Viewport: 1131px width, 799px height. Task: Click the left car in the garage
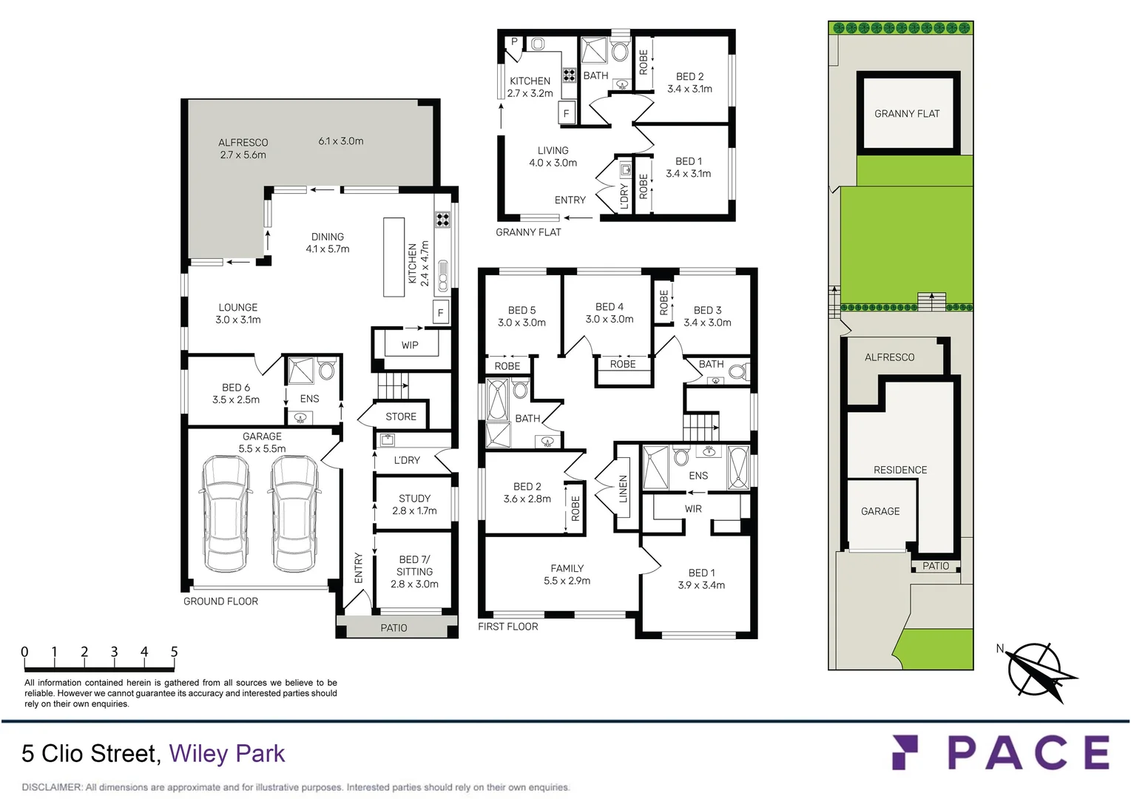226,513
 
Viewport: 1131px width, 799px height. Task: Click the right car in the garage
294,513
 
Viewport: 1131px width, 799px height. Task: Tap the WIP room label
410,345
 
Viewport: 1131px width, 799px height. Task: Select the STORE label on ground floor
401,417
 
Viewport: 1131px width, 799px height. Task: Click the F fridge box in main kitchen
441,313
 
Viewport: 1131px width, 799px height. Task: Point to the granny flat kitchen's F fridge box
567,114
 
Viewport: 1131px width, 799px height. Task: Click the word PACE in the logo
1028,753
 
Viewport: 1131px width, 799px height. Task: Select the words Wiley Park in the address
226,754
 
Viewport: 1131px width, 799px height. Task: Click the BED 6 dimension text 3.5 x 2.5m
236,400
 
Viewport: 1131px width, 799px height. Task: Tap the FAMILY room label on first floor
567,569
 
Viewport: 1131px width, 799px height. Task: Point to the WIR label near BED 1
693,509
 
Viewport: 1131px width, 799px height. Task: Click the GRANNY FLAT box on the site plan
907,113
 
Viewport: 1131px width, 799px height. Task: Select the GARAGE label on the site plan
880,511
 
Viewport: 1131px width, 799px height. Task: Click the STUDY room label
414,499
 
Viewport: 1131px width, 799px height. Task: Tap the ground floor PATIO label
394,628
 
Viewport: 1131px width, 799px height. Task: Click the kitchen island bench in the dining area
394,257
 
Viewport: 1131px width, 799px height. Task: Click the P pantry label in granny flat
514,42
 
